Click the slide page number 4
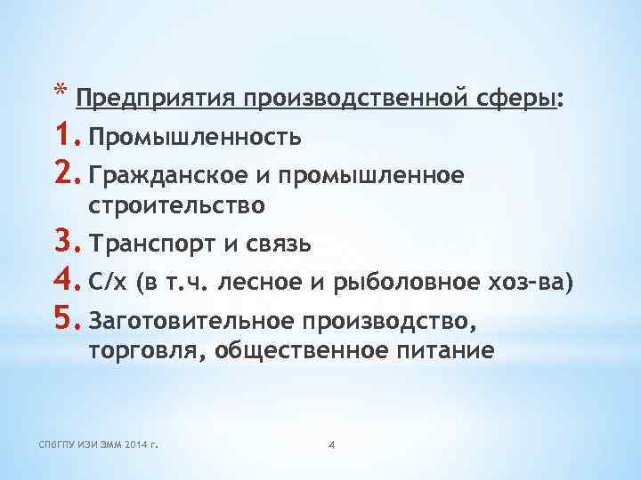(x=330, y=443)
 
